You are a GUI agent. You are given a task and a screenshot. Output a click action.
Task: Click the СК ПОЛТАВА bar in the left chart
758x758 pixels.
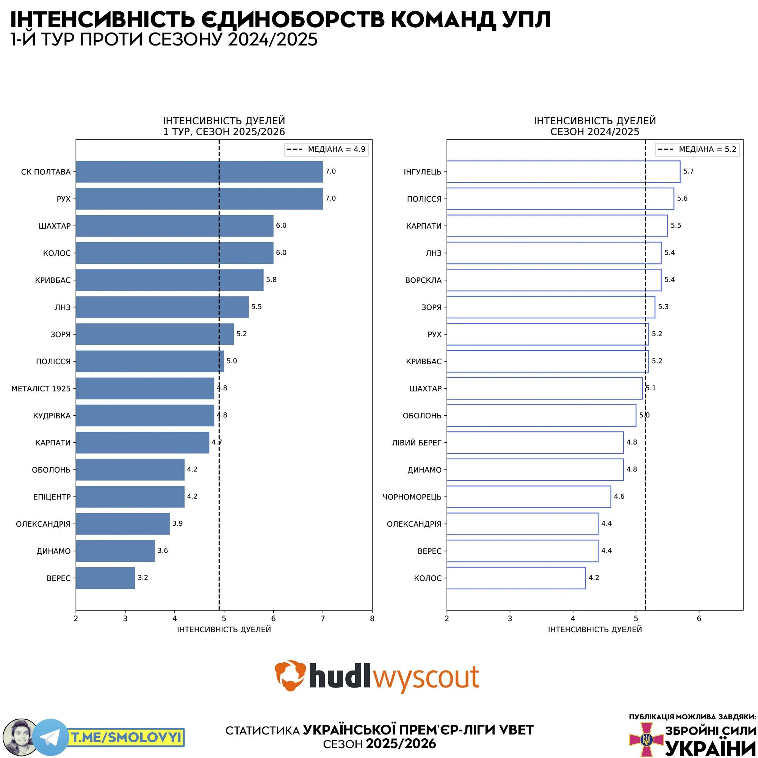[199, 171]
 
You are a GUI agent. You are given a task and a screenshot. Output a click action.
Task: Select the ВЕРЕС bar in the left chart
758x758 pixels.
[105, 578]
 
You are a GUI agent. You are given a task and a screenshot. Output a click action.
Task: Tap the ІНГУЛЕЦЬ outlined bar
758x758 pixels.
[563, 171]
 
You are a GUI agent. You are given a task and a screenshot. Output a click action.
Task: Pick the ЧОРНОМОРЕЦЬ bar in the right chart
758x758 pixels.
[528, 497]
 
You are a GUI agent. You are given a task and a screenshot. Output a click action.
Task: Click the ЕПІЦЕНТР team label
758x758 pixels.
[52, 497]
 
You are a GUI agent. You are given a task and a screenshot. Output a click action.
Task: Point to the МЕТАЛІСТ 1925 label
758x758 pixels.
[41, 388]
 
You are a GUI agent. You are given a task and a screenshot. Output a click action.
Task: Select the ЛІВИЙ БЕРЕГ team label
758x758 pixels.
[416, 443]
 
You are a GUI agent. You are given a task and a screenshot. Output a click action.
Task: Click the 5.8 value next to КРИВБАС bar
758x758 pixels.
[271, 280]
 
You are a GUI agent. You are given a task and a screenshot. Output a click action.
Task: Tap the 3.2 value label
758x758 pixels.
[143, 578]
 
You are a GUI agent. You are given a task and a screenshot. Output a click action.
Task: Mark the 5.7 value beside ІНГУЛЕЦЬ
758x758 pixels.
[689, 171]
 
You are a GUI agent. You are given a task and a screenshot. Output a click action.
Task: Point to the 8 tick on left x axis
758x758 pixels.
[372, 619]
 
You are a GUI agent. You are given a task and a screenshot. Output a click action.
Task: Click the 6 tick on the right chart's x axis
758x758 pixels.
[699, 619]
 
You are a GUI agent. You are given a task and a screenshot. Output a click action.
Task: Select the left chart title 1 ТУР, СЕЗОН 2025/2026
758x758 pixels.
[224, 132]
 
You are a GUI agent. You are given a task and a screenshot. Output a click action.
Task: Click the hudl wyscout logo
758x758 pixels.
[377, 676]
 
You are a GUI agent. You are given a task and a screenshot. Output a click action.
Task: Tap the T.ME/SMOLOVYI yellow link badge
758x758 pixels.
[127, 738]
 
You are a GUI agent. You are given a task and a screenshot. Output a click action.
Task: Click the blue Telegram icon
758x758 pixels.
[50, 737]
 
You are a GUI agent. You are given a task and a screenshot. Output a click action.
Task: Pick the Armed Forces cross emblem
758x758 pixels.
[645, 739]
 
